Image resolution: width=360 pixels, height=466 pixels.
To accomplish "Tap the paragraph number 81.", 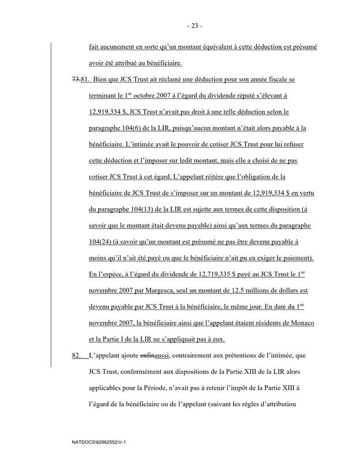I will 85,79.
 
